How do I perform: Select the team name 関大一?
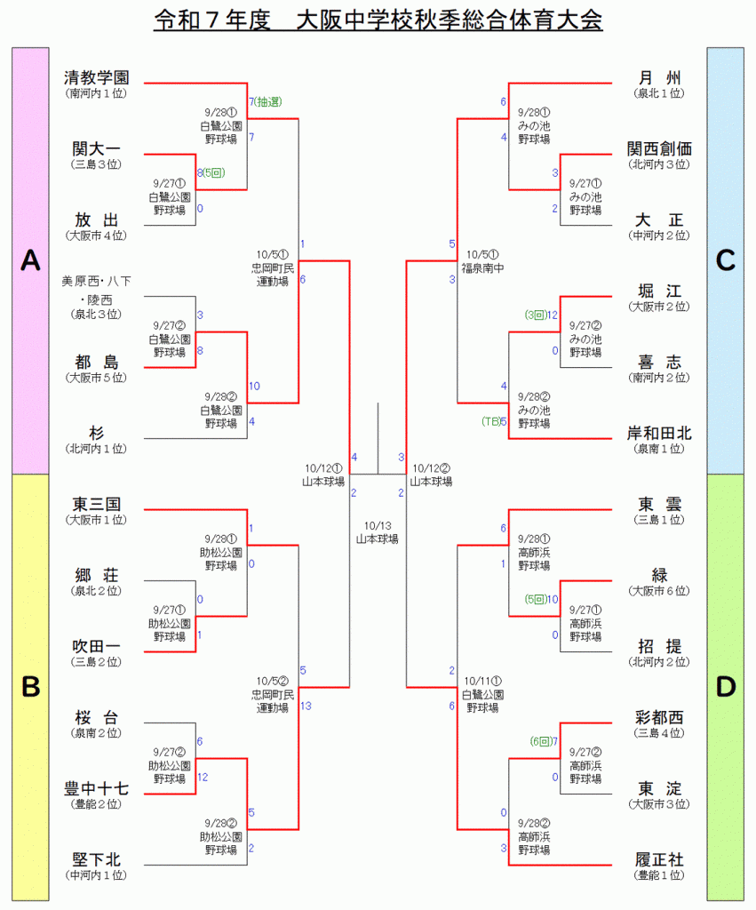[97, 148]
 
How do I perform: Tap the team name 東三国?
[97, 504]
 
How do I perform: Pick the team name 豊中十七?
[97, 788]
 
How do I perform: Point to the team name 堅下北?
[97, 859]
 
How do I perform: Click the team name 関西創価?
[659, 148]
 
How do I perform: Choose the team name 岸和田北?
[659, 433]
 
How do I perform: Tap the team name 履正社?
[659, 859]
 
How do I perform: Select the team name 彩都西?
[659, 717]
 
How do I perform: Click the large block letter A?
[30, 260]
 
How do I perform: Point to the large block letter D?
[726, 687]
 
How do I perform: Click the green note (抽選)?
[267, 102]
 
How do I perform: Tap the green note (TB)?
[490, 421]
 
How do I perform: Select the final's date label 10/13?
[378, 525]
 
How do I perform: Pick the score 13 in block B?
[306, 706]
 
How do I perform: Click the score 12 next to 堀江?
[552, 315]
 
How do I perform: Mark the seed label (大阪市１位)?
[97, 520]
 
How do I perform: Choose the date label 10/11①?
[482, 682]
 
